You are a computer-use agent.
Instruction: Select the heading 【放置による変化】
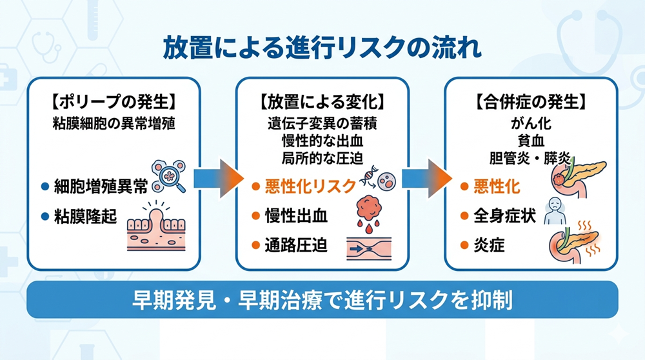coord(322,101)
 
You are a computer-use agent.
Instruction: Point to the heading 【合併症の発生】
coord(531,101)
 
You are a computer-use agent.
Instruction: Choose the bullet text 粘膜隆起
coord(86,215)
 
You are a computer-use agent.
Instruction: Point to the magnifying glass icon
coord(168,177)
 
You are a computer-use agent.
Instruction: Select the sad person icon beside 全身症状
coord(555,212)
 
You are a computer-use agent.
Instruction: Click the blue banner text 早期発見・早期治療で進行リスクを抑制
coord(322,299)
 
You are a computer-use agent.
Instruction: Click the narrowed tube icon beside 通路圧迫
coord(372,247)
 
